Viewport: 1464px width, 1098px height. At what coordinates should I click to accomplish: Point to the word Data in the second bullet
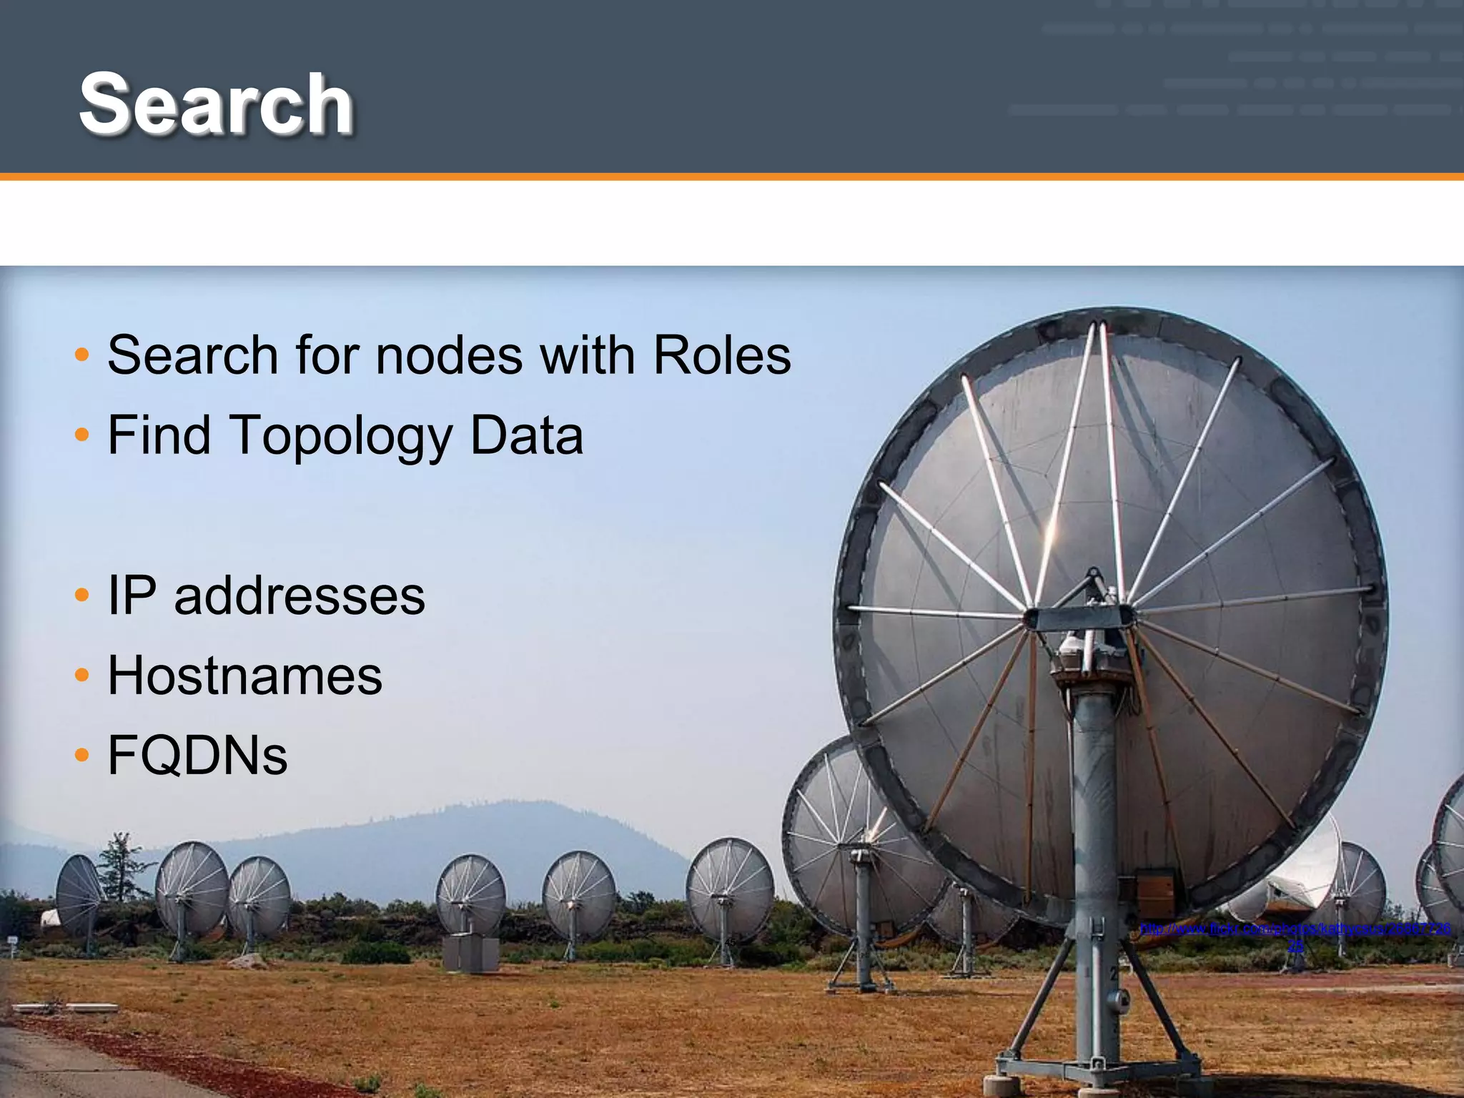point(527,435)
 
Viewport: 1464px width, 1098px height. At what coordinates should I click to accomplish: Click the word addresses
point(300,595)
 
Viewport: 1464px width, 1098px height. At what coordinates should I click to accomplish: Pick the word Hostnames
point(245,676)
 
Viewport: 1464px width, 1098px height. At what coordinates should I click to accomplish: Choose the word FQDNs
point(197,756)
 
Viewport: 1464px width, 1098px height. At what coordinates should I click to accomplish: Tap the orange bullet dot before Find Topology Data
point(82,434)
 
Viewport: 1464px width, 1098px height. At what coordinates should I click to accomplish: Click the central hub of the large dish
point(1084,616)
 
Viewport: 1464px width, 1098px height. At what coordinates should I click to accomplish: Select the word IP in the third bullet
point(132,595)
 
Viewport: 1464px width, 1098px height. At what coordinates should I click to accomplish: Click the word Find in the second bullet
point(159,435)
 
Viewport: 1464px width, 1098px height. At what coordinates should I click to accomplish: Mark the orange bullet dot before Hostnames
point(82,674)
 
